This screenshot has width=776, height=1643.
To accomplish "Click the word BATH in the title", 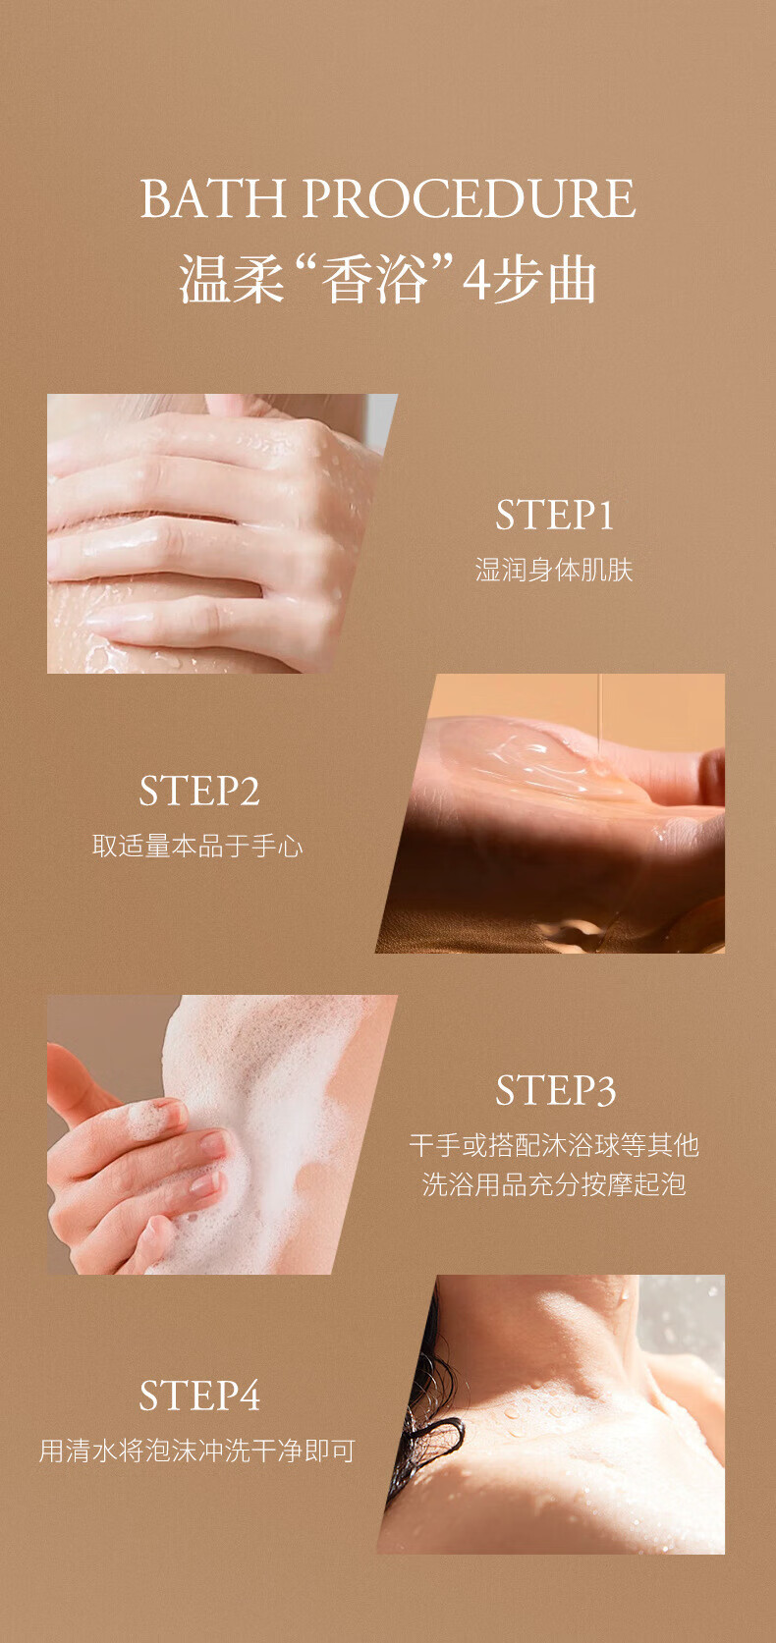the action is (x=213, y=198).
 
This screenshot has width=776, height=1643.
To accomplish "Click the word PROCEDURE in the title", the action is (x=469, y=198).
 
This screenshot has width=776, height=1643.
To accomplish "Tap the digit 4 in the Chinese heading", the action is (x=476, y=281).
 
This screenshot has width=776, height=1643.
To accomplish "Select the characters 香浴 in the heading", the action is (x=374, y=280).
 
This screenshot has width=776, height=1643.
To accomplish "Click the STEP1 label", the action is (x=554, y=515).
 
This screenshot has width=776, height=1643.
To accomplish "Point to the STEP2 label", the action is (x=198, y=791).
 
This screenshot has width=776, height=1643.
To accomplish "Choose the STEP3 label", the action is (x=555, y=1090).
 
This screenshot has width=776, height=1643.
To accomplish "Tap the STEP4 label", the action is (x=199, y=1396).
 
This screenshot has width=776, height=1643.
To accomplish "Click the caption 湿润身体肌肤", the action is (x=554, y=570).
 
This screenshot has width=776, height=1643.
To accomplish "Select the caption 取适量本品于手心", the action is (x=198, y=846).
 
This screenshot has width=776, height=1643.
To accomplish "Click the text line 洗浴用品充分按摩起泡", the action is (x=554, y=1183).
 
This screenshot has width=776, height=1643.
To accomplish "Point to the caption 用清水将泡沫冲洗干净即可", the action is (x=197, y=1451).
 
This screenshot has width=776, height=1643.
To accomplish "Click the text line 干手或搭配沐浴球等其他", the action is (x=554, y=1145).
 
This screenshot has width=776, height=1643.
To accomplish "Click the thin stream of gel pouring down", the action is (x=600, y=715).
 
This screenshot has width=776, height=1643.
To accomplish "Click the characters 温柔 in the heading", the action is (x=232, y=280).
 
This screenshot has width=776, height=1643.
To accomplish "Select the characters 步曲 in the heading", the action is (x=544, y=280).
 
